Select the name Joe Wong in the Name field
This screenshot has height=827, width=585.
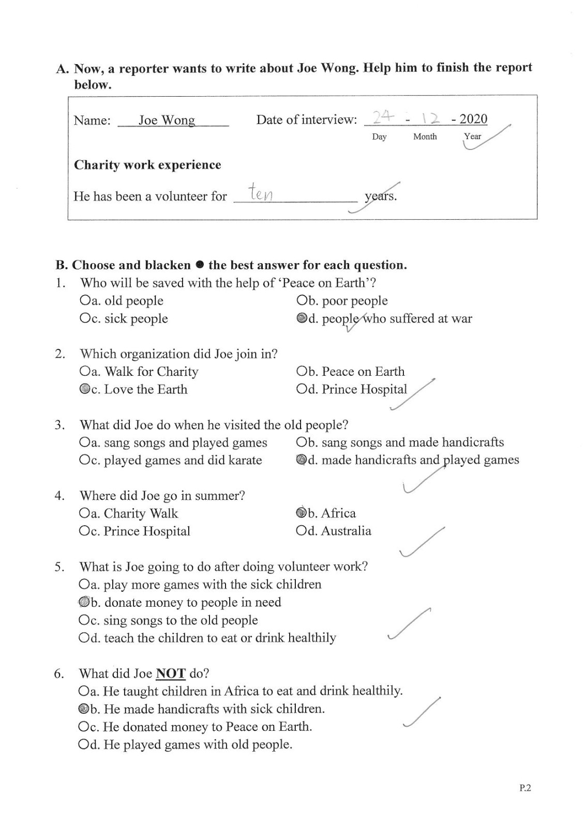(x=167, y=120)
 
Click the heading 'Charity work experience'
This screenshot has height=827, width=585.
(x=147, y=165)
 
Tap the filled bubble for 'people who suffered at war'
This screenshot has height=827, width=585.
(x=302, y=318)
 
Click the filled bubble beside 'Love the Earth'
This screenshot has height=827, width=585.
(x=85, y=389)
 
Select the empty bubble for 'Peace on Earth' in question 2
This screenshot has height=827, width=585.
(x=302, y=372)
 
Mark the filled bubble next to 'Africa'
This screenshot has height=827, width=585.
(x=301, y=513)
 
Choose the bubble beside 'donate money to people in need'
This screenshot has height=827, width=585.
(x=84, y=602)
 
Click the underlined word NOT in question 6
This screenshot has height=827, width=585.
(x=170, y=673)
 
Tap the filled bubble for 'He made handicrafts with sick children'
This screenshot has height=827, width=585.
(x=83, y=709)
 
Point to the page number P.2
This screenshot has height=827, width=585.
(x=525, y=788)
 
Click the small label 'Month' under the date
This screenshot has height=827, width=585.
(x=425, y=136)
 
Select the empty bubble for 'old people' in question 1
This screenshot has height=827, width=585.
(x=85, y=300)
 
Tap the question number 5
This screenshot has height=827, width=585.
(x=59, y=566)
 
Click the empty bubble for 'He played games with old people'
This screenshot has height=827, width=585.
(x=83, y=744)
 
